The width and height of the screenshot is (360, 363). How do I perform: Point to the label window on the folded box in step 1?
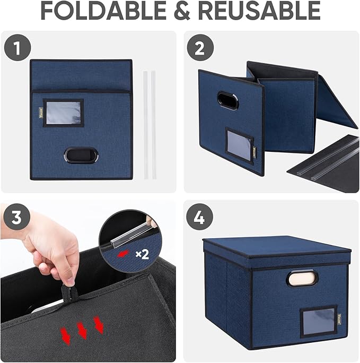coord(64,113)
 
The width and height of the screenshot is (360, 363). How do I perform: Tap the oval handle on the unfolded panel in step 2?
coord(227,100)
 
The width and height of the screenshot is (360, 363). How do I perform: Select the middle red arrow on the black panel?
coord(82,331)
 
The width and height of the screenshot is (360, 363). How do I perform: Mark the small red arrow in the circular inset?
coord(123,254)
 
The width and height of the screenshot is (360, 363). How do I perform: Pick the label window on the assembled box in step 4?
coord(318,321)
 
